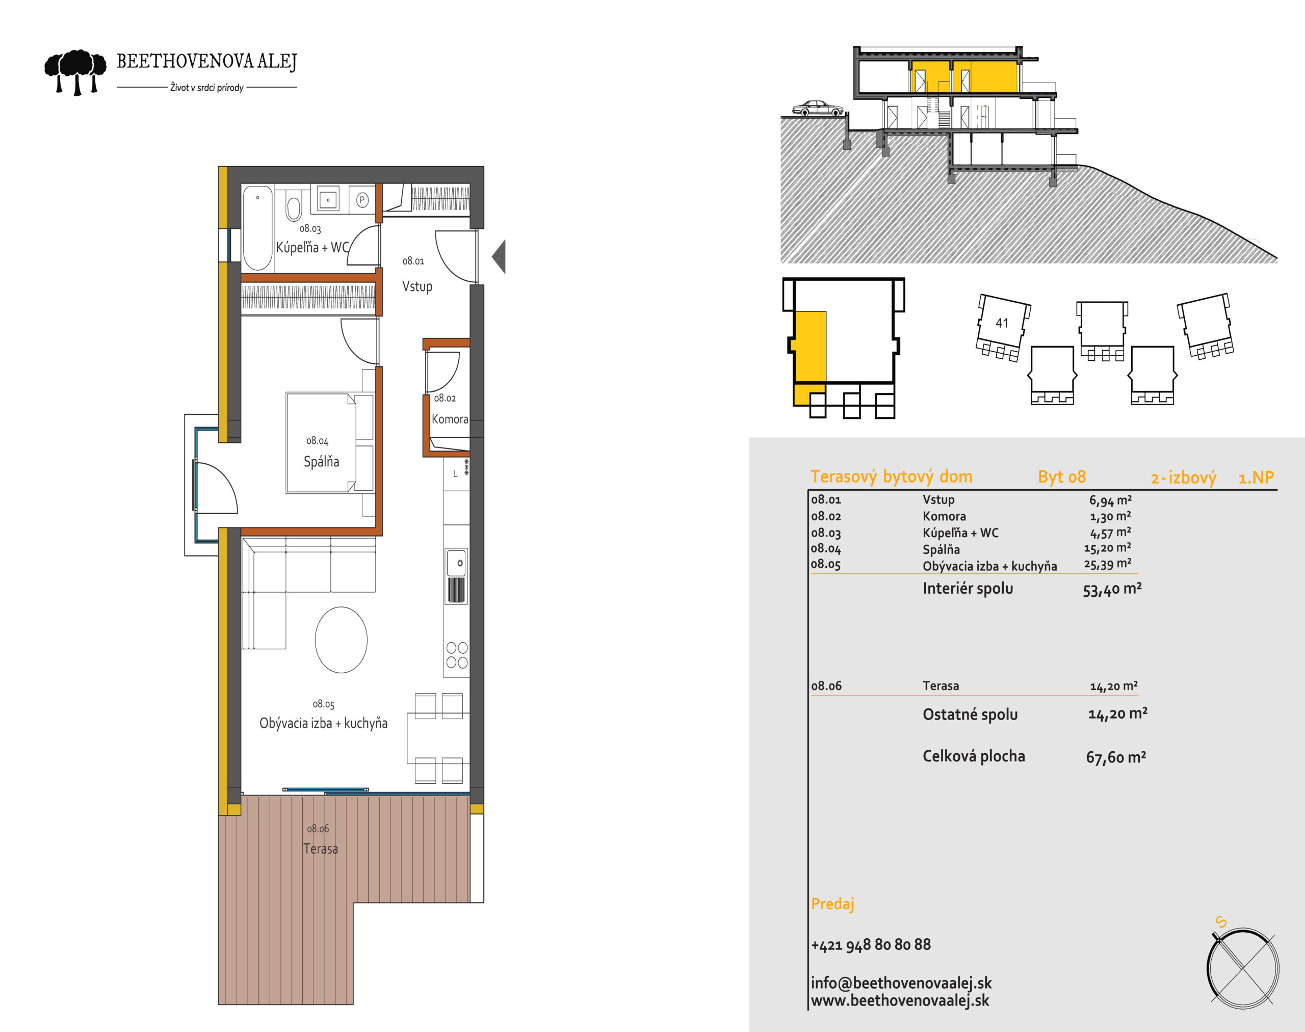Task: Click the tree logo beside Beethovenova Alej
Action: coord(75,72)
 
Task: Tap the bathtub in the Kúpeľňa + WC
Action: coord(257,228)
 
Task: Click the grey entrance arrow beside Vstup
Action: coord(499,257)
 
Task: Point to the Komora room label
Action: coord(450,419)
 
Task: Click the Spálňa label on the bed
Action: coord(321,462)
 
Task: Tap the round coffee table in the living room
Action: coord(341,640)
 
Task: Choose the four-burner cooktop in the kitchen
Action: coord(457,655)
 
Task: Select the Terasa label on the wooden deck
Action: coord(320,849)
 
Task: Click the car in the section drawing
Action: coord(818,108)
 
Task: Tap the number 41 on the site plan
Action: coord(1002,323)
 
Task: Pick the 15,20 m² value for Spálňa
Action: coord(1107,548)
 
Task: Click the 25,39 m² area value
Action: coord(1107,564)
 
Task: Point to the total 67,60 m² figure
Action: coord(1116,757)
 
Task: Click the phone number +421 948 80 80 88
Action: coord(870,944)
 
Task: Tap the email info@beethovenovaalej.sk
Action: coord(901,983)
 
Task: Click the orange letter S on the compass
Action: coord(1221,922)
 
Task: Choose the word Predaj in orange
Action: coord(832,904)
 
